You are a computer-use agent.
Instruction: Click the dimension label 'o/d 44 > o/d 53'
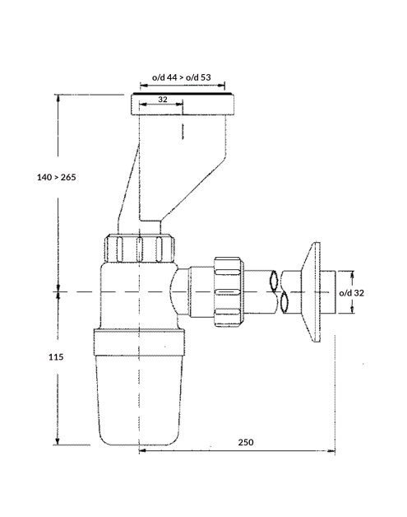point(182,77)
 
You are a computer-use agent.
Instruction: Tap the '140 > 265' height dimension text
point(56,177)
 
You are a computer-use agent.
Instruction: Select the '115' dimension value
point(56,356)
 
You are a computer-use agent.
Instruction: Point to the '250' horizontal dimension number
point(246,442)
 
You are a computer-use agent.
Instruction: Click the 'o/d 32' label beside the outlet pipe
point(352,293)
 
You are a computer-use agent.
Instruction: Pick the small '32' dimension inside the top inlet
point(163,100)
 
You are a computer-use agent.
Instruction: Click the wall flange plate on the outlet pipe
point(312,292)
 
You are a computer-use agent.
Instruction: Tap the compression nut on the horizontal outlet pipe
point(229,292)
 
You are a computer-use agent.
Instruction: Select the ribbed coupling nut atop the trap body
point(139,248)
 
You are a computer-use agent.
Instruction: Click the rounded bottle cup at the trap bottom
point(139,401)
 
